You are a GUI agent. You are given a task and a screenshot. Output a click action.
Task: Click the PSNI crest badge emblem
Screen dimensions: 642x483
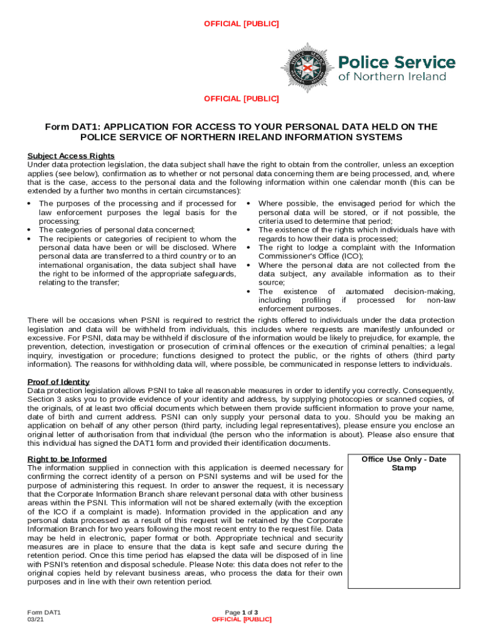(x=307, y=65)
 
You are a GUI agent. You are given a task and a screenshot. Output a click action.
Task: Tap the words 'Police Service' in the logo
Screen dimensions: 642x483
(x=396, y=62)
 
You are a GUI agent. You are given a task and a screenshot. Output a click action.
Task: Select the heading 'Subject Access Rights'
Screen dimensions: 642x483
(x=71, y=156)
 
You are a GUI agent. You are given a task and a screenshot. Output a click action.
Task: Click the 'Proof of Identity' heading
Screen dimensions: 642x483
(x=58, y=382)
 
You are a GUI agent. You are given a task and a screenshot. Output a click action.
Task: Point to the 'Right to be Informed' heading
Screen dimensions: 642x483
(x=67, y=459)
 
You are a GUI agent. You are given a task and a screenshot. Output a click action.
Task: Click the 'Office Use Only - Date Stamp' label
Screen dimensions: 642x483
(x=403, y=463)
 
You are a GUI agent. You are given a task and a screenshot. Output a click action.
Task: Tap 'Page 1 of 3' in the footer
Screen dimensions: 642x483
(x=242, y=612)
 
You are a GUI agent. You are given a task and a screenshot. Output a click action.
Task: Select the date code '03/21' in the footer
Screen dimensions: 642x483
(x=35, y=619)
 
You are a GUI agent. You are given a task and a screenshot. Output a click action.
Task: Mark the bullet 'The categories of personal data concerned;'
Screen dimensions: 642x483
(x=117, y=229)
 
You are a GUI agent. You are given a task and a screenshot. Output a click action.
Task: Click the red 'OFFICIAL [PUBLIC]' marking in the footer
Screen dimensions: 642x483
(x=242, y=619)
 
